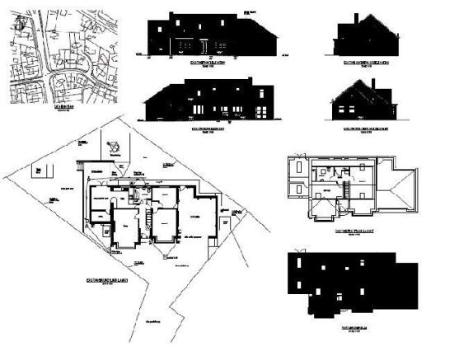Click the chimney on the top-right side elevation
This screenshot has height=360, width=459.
pyautogui.click(x=356, y=19)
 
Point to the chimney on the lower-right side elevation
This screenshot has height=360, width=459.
pyautogui.click(x=374, y=86)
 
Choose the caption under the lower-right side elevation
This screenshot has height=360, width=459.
pyautogui.click(x=367, y=129)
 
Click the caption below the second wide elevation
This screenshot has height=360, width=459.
pyautogui.click(x=209, y=129)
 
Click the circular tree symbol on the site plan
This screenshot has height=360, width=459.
pyautogui.click(x=114, y=147)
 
